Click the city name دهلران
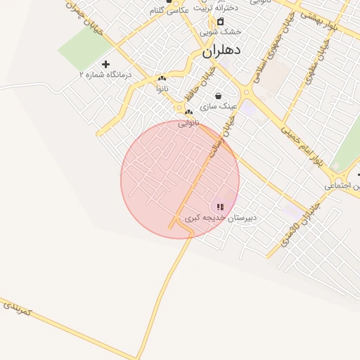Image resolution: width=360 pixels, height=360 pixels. tap(221, 51)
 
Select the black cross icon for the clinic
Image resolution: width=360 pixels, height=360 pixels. tap(106, 64)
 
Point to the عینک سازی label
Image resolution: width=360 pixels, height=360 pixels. tap(219, 106)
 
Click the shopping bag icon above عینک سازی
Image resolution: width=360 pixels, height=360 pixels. tap(218, 96)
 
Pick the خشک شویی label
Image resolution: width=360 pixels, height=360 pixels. tap(219, 32)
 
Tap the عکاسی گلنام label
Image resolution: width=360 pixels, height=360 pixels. tap(169, 11)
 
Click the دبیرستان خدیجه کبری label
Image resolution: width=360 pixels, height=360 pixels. tap(221, 219)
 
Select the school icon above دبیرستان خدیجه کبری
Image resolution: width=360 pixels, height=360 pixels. tap(220, 207)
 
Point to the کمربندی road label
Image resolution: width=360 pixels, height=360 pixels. tap(18, 307)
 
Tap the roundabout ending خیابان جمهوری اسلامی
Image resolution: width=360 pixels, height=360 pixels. tap(245, 92)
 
